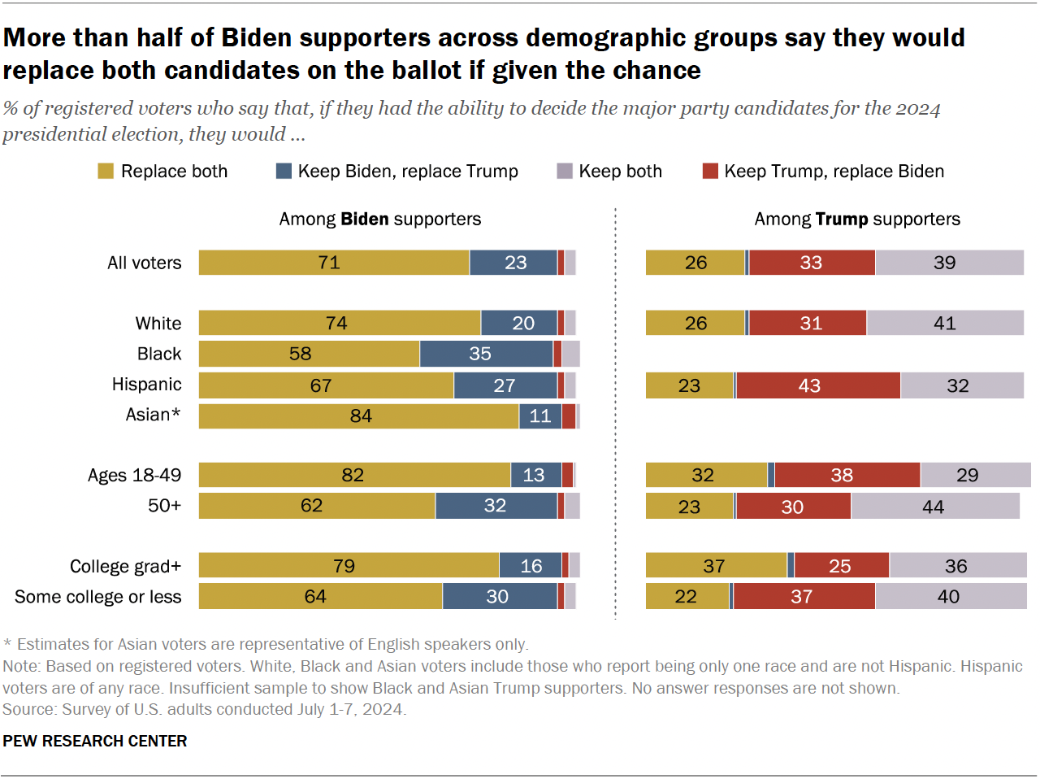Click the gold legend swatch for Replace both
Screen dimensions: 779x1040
tap(106, 171)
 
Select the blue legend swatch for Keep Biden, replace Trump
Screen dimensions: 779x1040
tap(284, 171)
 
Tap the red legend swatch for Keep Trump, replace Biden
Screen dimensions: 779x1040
tap(710, 171)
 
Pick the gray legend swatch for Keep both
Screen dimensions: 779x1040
tap(565, 171)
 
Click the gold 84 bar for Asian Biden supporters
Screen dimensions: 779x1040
tap(358, 416)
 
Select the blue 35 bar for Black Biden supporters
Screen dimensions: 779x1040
tap(486, 354)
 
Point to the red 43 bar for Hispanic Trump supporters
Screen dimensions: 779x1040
tap(817, 385)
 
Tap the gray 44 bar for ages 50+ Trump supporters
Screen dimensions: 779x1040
tap(934, 506)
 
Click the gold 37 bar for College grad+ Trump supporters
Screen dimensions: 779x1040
tap(716, 566)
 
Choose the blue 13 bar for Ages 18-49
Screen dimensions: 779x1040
tap(535, 475)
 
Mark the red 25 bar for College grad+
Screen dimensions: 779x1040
tap(841, 566)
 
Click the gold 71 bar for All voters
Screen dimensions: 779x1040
tap(334, 263)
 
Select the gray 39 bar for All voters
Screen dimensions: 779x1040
tap(949, 263)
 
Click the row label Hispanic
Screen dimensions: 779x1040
tap(146, 384)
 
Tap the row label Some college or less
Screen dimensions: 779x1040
tap(98, 597)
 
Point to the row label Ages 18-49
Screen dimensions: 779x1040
tap(134, 475)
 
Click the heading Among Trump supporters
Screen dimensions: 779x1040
tap(856, 219)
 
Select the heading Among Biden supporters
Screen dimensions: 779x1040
tap(379, 219)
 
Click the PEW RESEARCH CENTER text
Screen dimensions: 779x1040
tap(95, 741)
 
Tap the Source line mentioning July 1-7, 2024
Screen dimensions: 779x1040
tap(204, 709)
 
